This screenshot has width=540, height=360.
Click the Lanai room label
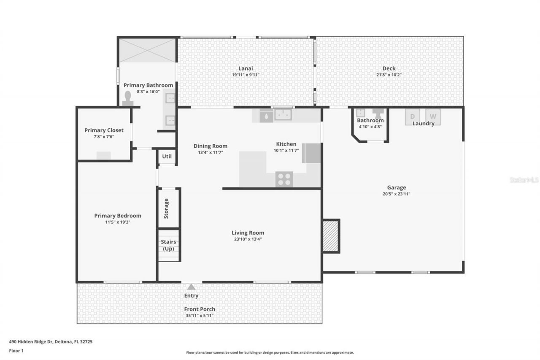point(245,68)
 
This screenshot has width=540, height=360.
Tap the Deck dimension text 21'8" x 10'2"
point(389,75)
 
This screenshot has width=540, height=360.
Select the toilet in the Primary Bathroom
point(128,99)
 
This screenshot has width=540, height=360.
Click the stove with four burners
point(284,179)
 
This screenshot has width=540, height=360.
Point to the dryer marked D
point(413,116)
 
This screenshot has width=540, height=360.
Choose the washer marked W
point(433,116)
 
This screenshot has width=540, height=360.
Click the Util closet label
point(167,157)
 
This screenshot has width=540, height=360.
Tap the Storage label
point(166,208)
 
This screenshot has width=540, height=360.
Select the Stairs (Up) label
point(169,245)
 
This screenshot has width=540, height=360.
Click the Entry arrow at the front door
point(191,287)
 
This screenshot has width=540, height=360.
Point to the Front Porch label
point(200,309)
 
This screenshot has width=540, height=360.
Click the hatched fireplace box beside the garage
point(331,236)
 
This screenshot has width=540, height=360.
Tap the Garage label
point(397,188)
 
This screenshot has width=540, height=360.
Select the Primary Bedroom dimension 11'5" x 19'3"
point(118,222)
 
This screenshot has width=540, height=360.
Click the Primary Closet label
point(104,130)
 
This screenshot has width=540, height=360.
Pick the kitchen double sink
point(283,114)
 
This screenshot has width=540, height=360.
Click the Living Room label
point(248,233)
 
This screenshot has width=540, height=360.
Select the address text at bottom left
point(51,342)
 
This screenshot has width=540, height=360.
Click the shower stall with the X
point(147,50)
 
